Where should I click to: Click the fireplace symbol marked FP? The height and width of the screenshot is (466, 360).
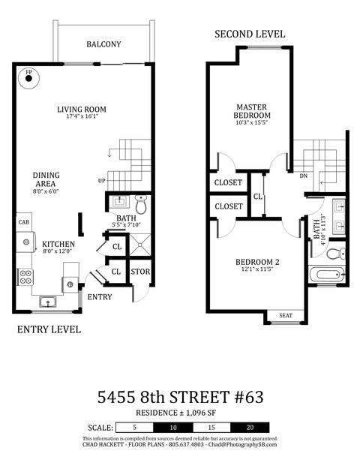coord(28,79)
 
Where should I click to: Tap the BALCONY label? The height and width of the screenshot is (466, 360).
coord(103,44)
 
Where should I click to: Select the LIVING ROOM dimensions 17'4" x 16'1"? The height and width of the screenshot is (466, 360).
coord(82,116)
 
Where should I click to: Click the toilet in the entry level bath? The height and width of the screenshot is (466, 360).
coord(141,204)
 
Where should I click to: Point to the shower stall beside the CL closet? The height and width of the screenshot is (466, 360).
coord(140,245)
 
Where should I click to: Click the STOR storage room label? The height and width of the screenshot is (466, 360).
coord(140,272)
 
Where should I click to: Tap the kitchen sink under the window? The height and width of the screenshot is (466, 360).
coord(48,302)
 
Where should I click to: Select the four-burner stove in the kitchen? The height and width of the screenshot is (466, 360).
coord(25,277)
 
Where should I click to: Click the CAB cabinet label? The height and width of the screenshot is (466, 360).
coord(24,222)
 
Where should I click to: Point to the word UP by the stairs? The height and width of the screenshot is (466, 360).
coord(101,181)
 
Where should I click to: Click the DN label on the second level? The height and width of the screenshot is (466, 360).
coord(303,176)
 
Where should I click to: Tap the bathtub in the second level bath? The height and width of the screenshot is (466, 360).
coord(327,275)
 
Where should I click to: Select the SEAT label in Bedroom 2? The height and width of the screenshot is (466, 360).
coord(286,316)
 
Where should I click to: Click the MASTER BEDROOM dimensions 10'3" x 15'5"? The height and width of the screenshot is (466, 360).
coord(252,122)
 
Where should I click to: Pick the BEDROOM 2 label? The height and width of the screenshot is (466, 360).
coord(257,262)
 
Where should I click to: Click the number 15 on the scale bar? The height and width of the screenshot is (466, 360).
coord(211,428)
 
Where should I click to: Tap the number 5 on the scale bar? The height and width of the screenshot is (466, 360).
coord(134,428)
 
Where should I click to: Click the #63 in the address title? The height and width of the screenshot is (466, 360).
coord(249,397)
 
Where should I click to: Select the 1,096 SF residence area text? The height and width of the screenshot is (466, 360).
coord(200,413)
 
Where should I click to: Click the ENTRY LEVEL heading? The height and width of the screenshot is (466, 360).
coord(49,329)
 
